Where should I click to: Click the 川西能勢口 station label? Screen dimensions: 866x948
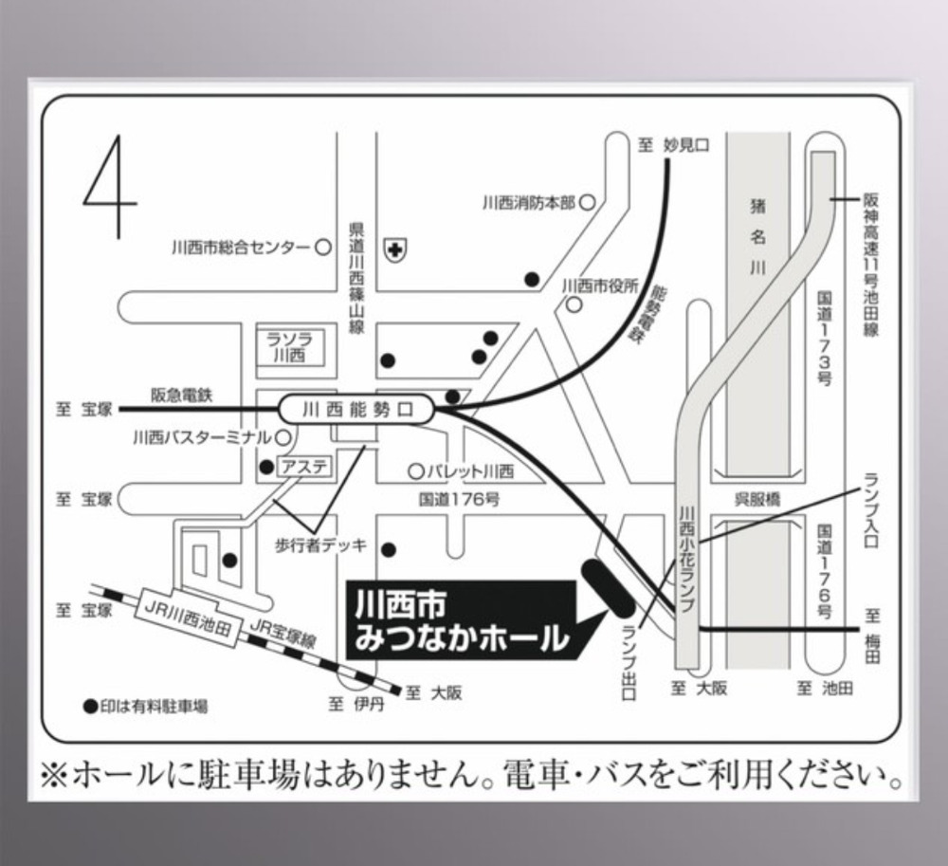357,411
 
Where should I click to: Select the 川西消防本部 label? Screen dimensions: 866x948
528,202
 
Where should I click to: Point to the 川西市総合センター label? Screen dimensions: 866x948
241,248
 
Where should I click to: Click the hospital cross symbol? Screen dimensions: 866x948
392,249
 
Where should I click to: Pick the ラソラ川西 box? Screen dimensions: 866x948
284,347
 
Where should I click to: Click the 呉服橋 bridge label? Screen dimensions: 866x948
757,499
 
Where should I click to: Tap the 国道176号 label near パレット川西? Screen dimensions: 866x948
459,498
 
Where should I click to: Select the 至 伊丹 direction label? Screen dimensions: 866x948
355,705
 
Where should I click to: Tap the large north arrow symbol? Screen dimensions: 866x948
111,187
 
